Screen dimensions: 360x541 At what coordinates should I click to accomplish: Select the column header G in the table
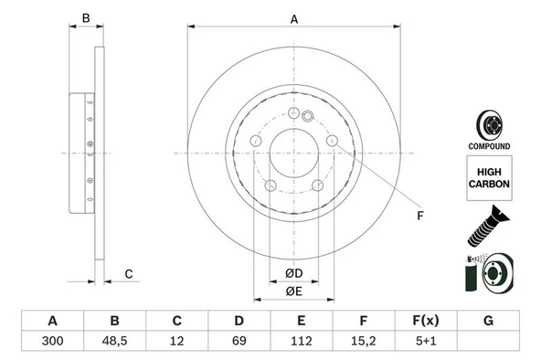[488, 321]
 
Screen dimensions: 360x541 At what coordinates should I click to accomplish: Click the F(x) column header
[425, 321]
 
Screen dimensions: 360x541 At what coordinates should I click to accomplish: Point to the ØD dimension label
[293, 272]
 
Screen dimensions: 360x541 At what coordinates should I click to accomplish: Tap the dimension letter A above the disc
[293, 19]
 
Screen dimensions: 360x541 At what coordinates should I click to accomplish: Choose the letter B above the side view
[85, 19]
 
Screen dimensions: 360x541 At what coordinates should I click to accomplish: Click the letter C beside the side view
[129, 273]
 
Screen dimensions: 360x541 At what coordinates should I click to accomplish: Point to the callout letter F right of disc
[419, 216]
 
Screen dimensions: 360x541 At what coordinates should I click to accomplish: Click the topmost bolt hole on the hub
[292, 113]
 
